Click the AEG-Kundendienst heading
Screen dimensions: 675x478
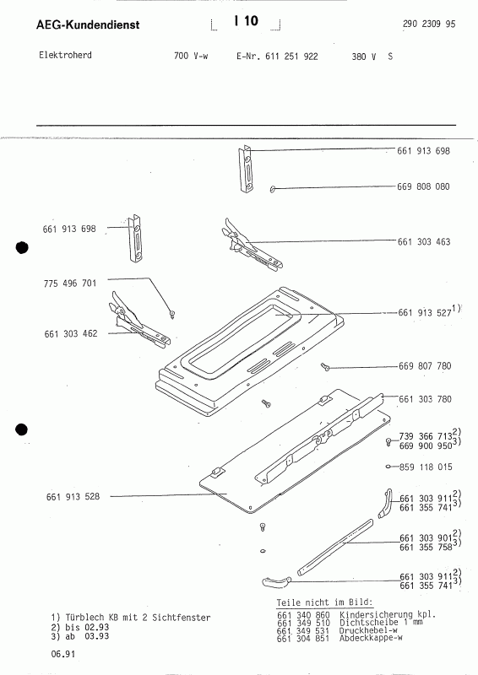[89, 25]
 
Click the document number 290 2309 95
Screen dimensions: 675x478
[424, 26]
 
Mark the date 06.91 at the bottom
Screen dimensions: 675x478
[61, 654]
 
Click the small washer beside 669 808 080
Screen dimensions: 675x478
[274, 189]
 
